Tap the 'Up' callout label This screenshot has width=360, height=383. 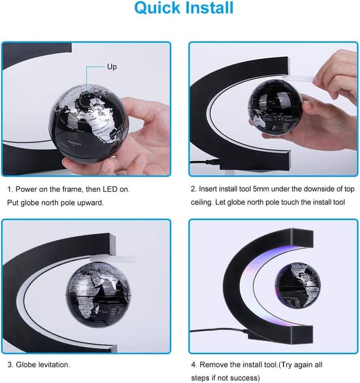tap(112, 67)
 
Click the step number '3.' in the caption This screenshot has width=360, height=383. tap(10, 365)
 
